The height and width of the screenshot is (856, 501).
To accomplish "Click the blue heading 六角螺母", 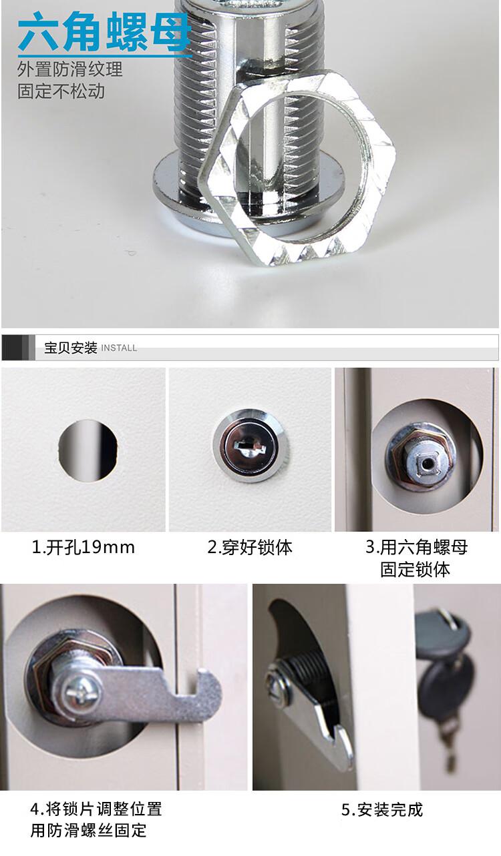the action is coord(104,32).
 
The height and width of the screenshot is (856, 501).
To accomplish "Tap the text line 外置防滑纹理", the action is coord(69,69).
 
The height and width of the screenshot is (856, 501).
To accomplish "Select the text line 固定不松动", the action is coord(61,91).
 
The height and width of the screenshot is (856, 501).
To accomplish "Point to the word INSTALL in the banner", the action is coord(119,348).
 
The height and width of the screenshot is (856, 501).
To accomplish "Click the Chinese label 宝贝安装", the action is coord(71,348).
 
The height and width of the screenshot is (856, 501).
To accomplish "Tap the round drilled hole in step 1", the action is coord(88,450).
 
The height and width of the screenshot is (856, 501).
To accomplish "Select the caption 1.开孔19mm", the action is coord(83,547).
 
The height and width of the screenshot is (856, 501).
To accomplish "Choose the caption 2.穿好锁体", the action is coord(250,547).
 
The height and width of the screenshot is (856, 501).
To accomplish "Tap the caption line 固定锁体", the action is coord(415,569).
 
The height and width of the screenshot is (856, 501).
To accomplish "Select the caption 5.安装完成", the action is coord(382,810).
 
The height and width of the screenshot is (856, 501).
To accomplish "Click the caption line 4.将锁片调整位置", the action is coord(96,809).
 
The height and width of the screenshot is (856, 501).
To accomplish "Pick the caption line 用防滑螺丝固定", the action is coord(88,831).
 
